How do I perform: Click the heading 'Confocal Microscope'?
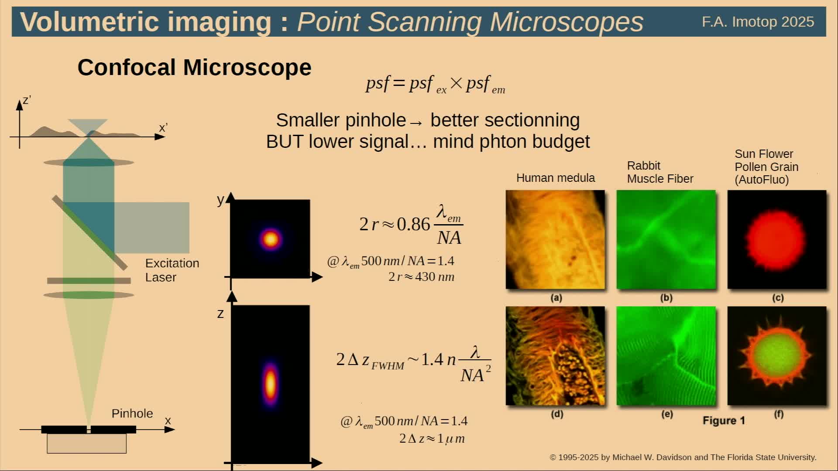(x=194, y=68)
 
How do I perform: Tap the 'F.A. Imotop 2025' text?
(x=758, y=22)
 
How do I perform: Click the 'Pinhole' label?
(x=132, y=413)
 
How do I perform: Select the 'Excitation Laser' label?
(x=172, y=270)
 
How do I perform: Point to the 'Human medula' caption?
(x=555, y=178)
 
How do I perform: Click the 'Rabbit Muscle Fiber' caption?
(x=660, y=172)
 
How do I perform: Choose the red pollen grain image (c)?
(x=777, y=239)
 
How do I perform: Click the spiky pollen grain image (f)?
(x=777, y=356)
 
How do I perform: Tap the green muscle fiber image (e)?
(x=666, y=356)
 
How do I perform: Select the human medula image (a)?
(x=555, y=239)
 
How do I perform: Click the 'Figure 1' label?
(x=724, y=420)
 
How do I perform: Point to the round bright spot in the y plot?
(x=271, y=239)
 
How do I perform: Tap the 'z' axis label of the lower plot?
(x=220, y=314)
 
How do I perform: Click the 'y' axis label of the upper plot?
(x=220, y=200)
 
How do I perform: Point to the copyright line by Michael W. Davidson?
(x=683, y=457)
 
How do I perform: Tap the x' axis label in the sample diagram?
(x=163, y=128)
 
